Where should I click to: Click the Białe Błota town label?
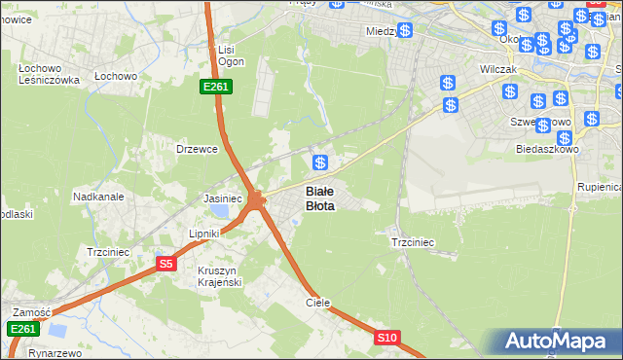[320, 198]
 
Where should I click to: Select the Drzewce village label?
[195, 149]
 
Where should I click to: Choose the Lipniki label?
[206, 234]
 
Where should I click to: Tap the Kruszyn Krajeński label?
[220, 275]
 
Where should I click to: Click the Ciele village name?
[318, 303]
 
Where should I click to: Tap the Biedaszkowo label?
[547, 150]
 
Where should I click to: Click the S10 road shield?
[387, 338]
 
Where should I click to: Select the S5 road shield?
[166, 263]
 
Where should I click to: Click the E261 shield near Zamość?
[23, 330]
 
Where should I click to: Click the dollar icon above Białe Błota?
[319, 162]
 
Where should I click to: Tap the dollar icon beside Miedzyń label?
[405, 30]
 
